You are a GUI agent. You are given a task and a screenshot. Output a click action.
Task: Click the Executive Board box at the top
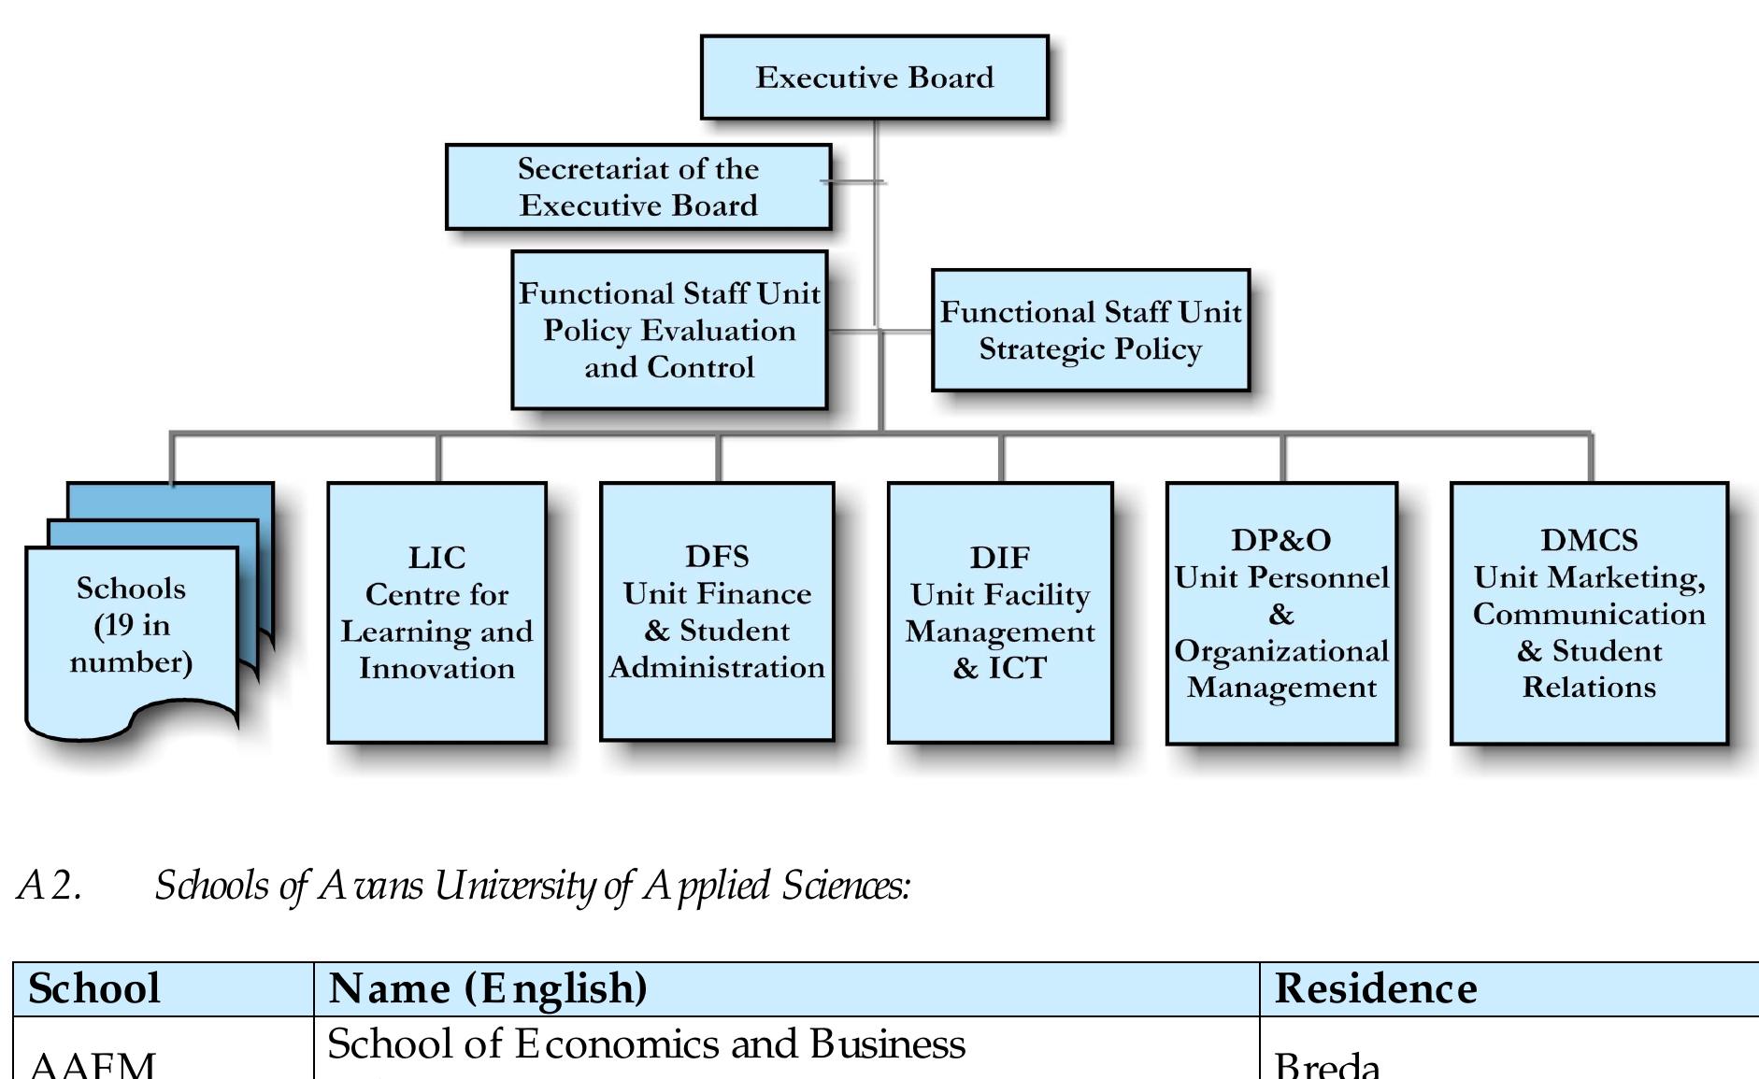pyautogui.click(x=874, y=78)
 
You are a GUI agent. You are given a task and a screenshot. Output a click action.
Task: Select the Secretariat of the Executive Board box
pyautogui.click(x=638, y=187)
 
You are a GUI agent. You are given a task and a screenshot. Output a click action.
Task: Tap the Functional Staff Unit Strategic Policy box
pyautogui.click(x=1090, y=330)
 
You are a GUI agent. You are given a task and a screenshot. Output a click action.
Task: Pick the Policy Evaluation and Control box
pyautogui.click(x=669, y=330)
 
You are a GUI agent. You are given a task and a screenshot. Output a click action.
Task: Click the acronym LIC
pyautogui.click(x=436, y=558)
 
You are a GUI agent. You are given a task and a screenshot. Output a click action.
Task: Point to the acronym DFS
pyautogui.click(x=717, y=557)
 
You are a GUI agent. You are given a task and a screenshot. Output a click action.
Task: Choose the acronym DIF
pyautogui.click(x=999, y=558)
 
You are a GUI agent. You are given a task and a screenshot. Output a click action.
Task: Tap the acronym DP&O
pyautogui.click(x=1280, y=540)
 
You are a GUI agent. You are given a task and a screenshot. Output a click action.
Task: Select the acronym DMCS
pyautogui.click(x=1589, y=540)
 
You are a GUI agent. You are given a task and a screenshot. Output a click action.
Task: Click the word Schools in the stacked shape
pyautogui.click(x=131, y=589)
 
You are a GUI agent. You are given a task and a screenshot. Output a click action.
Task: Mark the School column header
pyautogui.click(x=94, y=988)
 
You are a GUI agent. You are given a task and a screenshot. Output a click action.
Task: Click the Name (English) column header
pyautogui.click(x=488, y=988)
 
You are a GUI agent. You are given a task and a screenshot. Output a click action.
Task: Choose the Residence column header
pyautogui.click(x=1376, y=988)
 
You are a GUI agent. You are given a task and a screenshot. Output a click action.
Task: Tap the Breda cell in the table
pyautogui.click(x=1326, y=1065)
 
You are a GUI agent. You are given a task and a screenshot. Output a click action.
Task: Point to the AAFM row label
pyautogui.click(x=93, y=1065)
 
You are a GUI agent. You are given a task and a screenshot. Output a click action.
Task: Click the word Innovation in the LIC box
pyautogui.click(x=436, y=668)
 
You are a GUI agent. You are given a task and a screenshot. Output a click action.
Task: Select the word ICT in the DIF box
pyautogui.click(x=1018, y=668)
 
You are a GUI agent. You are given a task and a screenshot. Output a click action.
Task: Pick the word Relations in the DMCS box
pyautogui.click(x=1589, y=688)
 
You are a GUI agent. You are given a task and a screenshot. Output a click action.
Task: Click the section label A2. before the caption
pyautogui.click(x=50, y=886)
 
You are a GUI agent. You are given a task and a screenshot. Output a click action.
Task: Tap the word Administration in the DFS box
pyautogui.click(x=717, y=667)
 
